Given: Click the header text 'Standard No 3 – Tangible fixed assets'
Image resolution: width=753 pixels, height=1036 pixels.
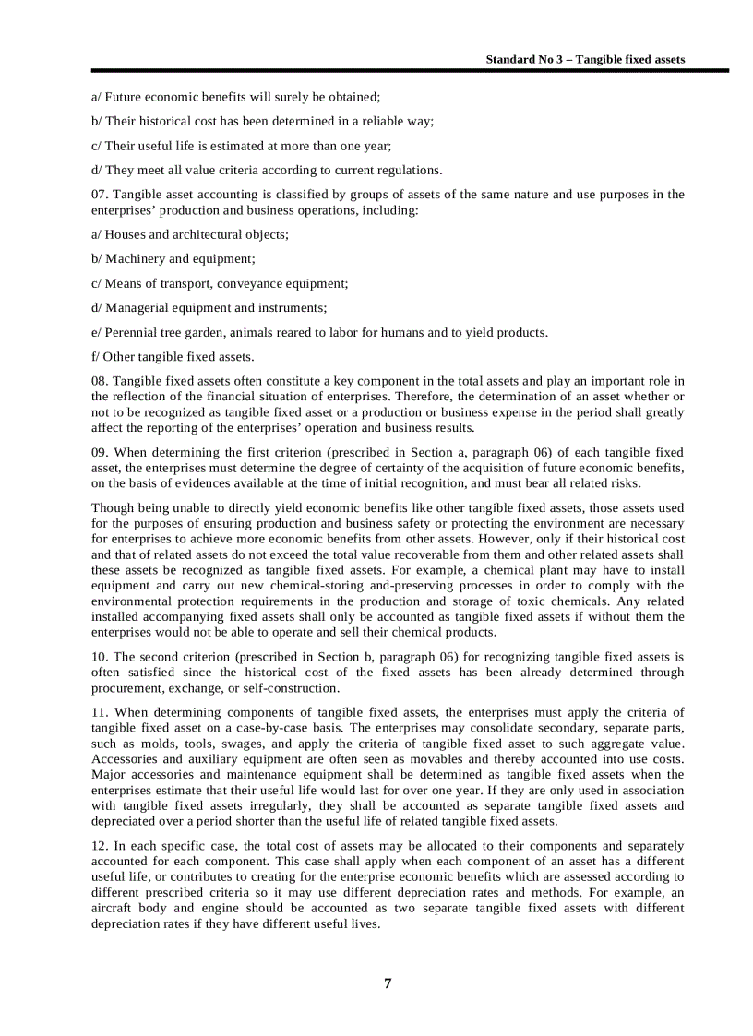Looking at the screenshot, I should (x=585, y=59).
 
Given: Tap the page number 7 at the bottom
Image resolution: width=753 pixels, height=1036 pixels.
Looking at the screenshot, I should (x=388, y=983).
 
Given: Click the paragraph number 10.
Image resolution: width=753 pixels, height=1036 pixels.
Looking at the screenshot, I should (x=100, y=657).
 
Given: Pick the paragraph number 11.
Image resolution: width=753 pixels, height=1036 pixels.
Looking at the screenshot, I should (x=100, y=712).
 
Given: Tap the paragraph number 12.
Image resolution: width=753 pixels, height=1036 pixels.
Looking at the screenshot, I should (x=100, y=846).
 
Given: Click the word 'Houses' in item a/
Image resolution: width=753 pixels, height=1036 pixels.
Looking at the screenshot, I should (x=125, y=235).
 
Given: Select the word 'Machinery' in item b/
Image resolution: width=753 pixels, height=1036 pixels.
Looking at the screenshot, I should (x=132, y=259).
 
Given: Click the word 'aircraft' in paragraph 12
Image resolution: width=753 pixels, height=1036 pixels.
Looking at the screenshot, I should (x=113, y=909).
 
